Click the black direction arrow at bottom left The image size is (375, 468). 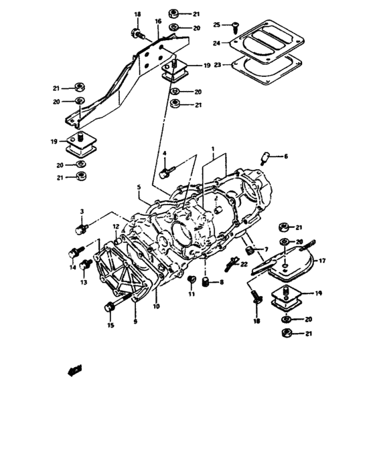click(x=75, y=368)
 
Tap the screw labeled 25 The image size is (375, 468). click(x=236, y=26)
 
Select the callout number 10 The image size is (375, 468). click(x=156, y=308)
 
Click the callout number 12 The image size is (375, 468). click(x=115, y=227)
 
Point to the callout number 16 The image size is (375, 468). click(x=158, y=22)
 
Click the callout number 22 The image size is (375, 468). click(x=244, y=265)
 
